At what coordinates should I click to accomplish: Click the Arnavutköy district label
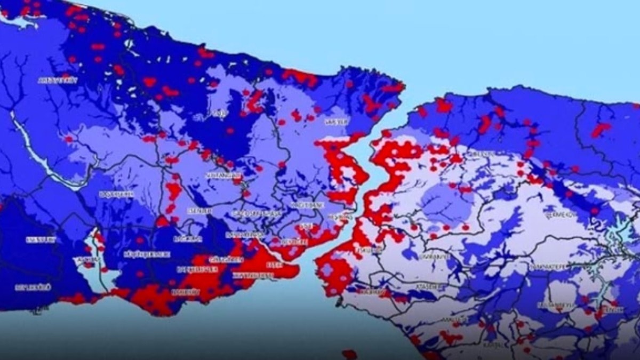tap(58, 80)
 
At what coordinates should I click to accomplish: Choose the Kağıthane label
tap(306, 205)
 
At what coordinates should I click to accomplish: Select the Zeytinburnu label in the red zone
tap(252, 275)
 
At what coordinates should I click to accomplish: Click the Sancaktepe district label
tap(550, 265)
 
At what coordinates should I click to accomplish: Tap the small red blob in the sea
tap(349, 354)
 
